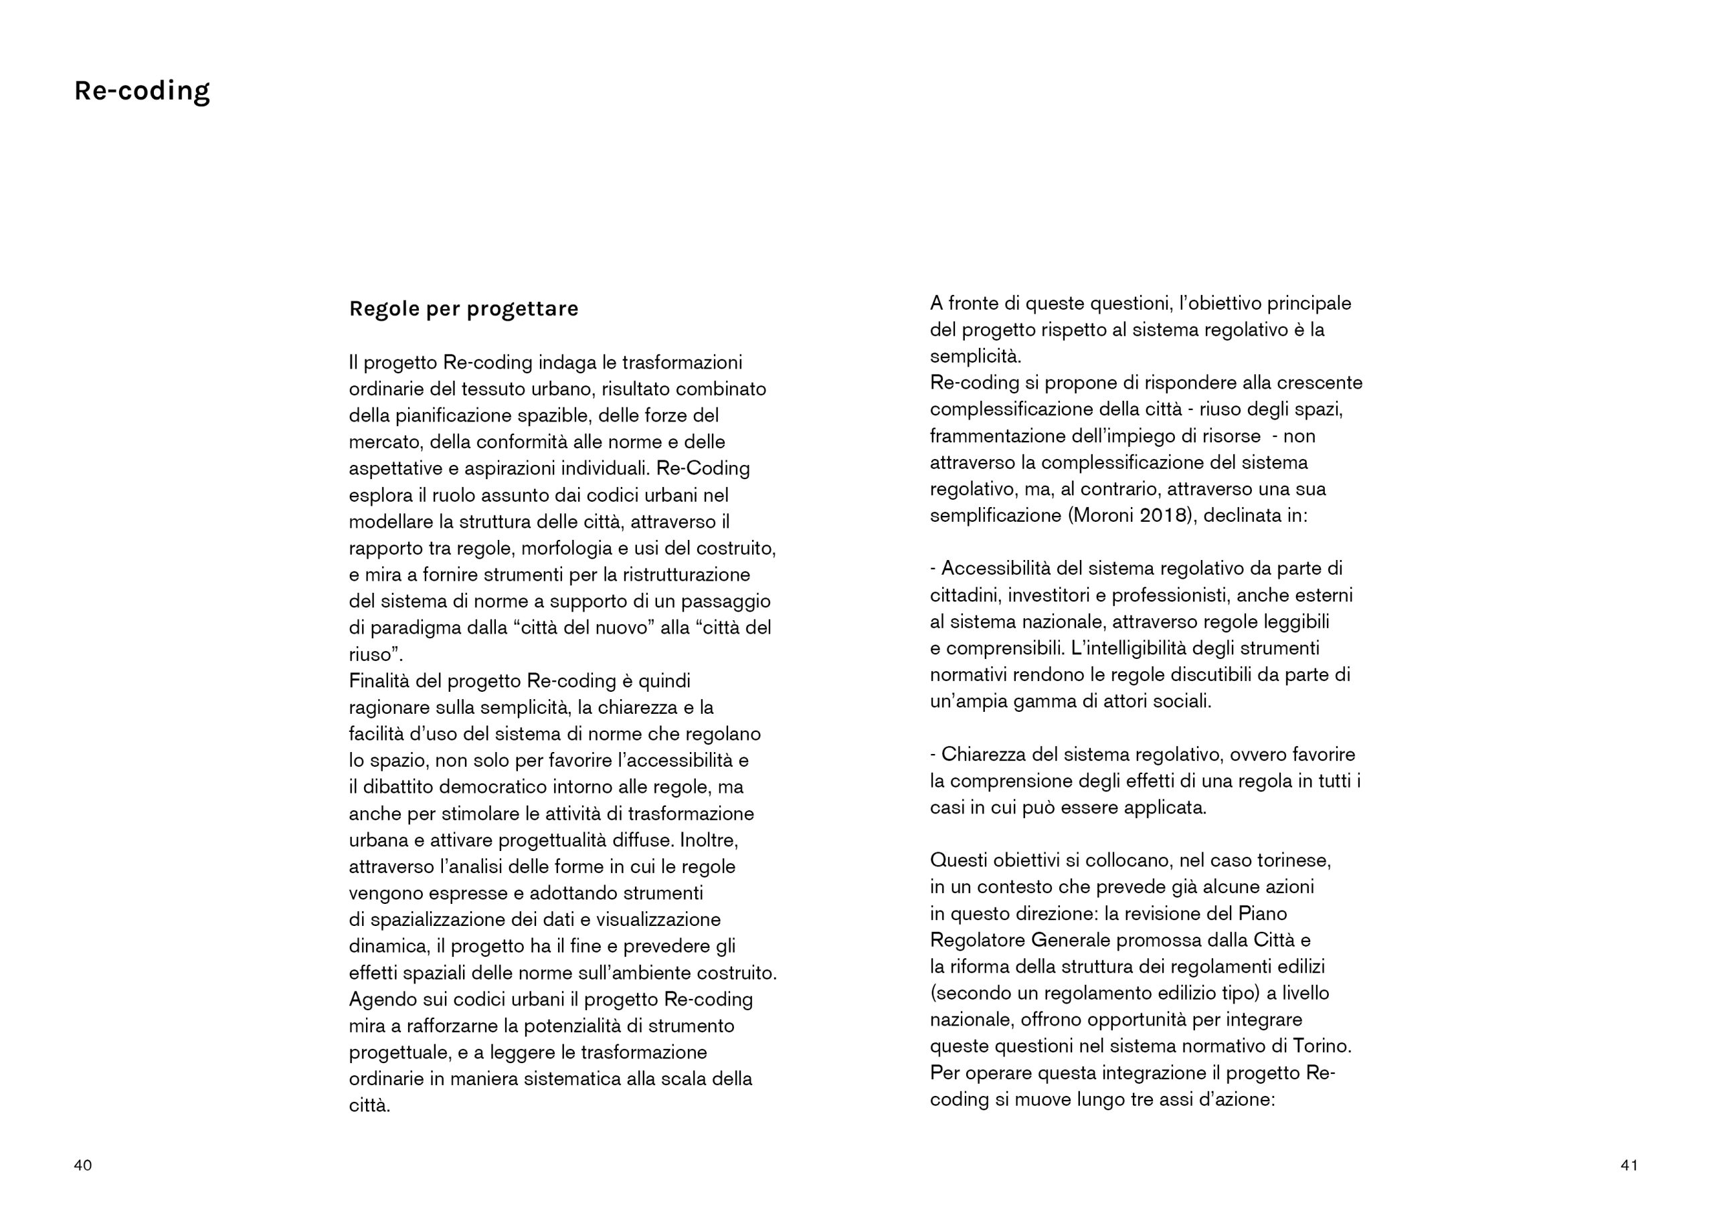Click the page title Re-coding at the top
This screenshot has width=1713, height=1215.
pos(141,91)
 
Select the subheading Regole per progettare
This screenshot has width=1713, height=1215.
pos(463,309)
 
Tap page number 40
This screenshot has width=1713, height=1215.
pos(83,1165)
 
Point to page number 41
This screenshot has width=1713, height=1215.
pos(1629,1165)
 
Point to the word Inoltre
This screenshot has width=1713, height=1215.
pos(709,840)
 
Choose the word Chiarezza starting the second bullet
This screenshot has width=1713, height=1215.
pos(984,754)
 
